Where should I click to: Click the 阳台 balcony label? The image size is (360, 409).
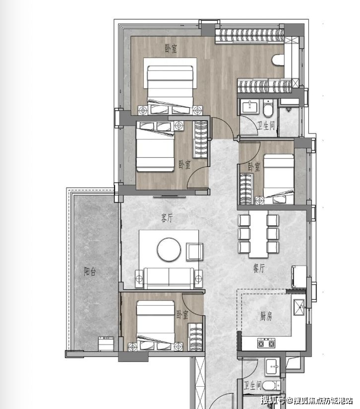pyautogui.click(x=90, y=272)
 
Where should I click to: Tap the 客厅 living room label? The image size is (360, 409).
pyautogui.click(x=167, y=218)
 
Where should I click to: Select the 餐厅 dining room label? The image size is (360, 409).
pyautogui.click(x=259, y=268)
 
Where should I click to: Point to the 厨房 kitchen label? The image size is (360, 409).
pyautogui.click(x=266, y=316)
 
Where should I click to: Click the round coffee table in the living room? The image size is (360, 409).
pyautogui.click(x=169, y=249)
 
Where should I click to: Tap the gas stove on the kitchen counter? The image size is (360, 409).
pyautogui.click(x=266, y=343)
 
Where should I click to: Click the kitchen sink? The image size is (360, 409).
pyautogui.click(x=299, y=307)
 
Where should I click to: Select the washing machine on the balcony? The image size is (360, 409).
pyautogui.click(x=106, y=344)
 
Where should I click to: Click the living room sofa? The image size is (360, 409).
pyautogui.click(x=169, y=278)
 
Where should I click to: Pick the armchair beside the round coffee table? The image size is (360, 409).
pyautogui.click(x=194, y=252)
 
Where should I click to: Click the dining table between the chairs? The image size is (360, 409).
pyautogui.click(x=258, y=234)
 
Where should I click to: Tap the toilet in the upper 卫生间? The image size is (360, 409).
pyautogui.click(x=268, y=108)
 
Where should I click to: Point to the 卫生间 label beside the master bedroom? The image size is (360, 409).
pyautogui.click(x=266, y=126)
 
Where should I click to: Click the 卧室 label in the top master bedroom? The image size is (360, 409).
pyautogui.click(x=171, y=49)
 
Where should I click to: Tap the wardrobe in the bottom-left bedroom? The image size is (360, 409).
pyautogui.click(x=195, y=337)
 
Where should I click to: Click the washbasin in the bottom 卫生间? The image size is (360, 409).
pyautogui.click(x=272, y=367)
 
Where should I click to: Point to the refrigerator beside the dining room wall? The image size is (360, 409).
pyautogui.click(x=299, y=276)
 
